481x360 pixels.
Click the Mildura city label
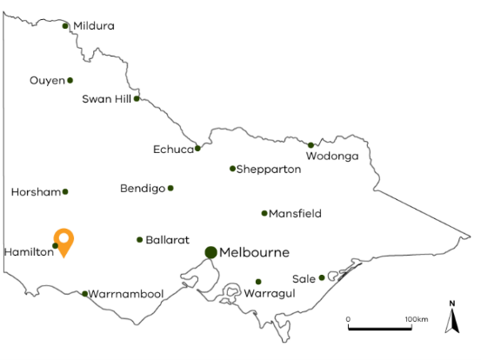pyautogui.click(x=94, y=26)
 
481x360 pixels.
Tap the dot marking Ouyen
pyautogui.click(x=70, y=81)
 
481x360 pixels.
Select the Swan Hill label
pyautogui.click(x=106, y=99)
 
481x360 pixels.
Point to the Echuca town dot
pyautogui.click(x=198, y=148)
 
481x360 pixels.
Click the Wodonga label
pyautogui.click(x=332, y=157)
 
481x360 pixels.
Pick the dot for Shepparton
pyautogui.click(x=232, y=169)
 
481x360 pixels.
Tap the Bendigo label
pyautogui.click(x=143, y=189)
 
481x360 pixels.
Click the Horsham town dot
pyautogui.click(x=65, y=191)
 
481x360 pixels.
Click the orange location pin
pyautogui.click(x=63, y=240)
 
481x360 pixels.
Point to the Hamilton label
pyautogui.click(x=28, y=251)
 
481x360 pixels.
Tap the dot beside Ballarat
pyautogui.click(x=139, y=240)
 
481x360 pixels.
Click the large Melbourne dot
pyautogui.click(x=210, y=252)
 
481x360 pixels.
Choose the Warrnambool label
pyautogui.click(x=126, y=294)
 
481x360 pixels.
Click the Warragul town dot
pyautogui.click(x=258, y=282)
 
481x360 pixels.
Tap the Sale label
pyautogui.click(x=304, y=278)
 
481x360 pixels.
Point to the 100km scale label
pyautogui.click(x=417, y=319)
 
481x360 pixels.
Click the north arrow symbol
pyautogui.click(x=452, y=320)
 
